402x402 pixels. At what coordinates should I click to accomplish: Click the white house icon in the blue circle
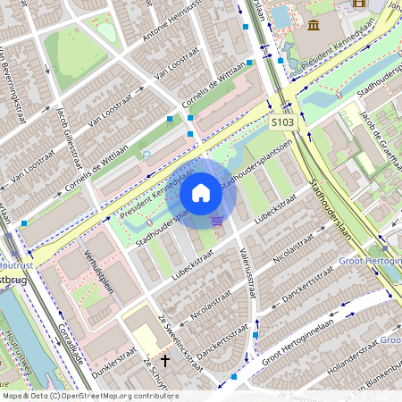(201, 193)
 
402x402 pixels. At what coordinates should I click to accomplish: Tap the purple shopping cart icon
(216, 220)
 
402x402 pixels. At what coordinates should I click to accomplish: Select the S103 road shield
(282, 121)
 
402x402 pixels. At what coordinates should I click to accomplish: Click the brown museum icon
(314, 23)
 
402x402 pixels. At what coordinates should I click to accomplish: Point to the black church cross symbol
(164, 362)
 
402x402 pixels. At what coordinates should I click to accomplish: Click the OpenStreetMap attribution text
(89, 395)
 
